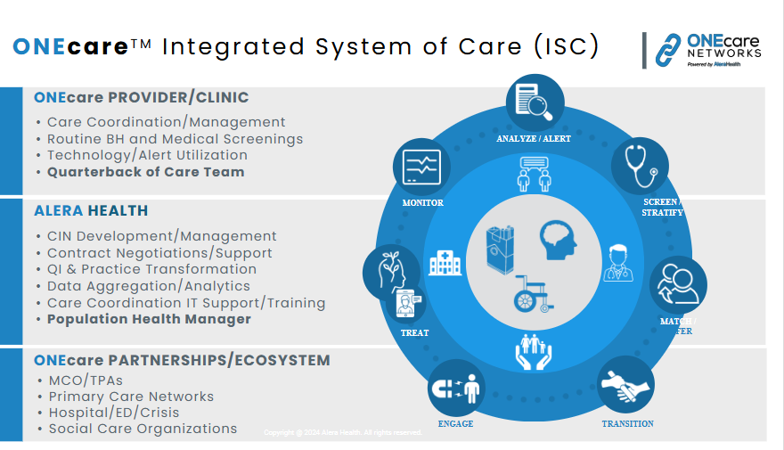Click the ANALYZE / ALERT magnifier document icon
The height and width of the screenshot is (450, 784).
(x=535, y=102)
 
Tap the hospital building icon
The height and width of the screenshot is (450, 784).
(x=445, y=262)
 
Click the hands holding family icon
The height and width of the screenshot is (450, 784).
(x=534, y=350)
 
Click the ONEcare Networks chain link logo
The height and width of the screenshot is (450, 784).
(x=668, y=51)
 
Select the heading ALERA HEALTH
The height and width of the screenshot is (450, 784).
(x=91, y=211)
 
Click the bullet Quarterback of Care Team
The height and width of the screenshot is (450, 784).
(x=145, y=172)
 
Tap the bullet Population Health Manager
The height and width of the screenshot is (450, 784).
(x=149, y=319)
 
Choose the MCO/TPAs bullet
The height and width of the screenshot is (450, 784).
(x=86, y=380)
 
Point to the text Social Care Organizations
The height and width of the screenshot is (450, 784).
(x=143, y=429)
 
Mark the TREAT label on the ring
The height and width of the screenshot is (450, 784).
(x=415, y=333)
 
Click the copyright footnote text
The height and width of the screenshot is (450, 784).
(x=343, y=433)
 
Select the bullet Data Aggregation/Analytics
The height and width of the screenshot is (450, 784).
(x=149, y=286)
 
